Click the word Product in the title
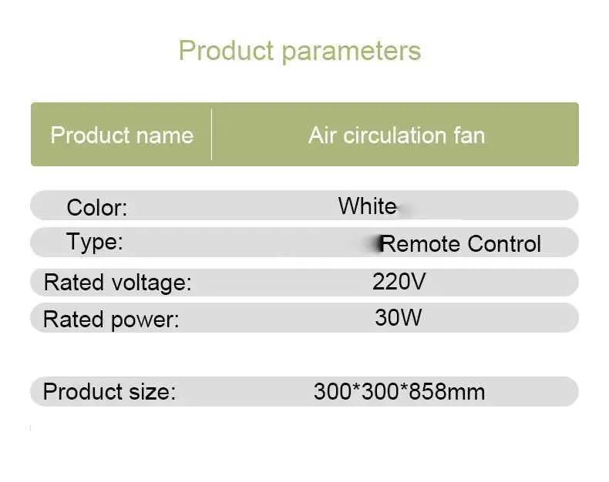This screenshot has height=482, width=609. pos(227,51)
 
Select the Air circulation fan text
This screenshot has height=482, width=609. pos(396,136)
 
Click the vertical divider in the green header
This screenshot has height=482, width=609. pos(211,134)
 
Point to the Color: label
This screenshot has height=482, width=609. pos(97,207)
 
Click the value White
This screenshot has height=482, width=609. pos(368,206)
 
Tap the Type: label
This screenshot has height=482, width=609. pos(95,243)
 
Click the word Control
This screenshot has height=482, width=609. pos(504,244)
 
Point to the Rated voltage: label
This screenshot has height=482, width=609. pos(118,283)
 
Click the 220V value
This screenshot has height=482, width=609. pos(399,281)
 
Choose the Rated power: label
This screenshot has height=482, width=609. pos(111,320)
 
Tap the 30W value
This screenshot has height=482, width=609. pos(398,317)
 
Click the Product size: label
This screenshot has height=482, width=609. pos(109,391)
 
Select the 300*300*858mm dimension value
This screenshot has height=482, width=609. pos(399,391)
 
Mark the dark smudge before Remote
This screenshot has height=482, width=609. pos(377,243)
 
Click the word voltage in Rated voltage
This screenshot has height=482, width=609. pos(151,283)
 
